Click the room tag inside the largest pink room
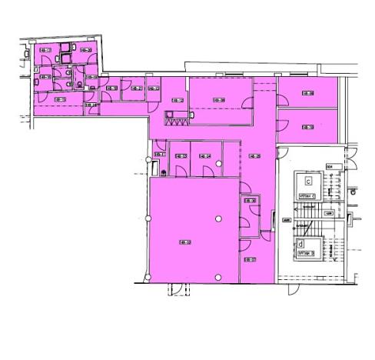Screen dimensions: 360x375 184,242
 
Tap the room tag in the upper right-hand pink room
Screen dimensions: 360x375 307,94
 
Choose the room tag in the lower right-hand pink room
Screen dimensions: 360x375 307,127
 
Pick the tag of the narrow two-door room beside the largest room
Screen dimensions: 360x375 250,202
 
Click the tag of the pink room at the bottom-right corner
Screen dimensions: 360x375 250,259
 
